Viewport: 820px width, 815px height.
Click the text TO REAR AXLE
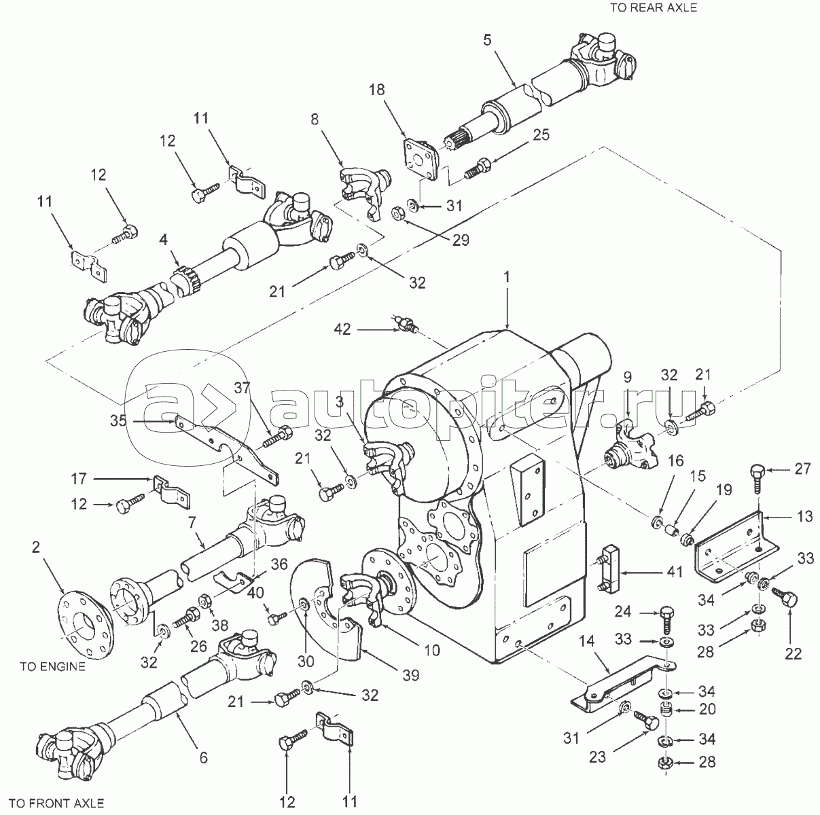[x=654, y=8]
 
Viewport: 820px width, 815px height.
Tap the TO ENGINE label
[x=53, y=666]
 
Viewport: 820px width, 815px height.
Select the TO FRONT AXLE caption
[x=56, y=803]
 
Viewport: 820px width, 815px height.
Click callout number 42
[x=342, y=329]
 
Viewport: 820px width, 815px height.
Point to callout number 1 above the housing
[x=506, y=278]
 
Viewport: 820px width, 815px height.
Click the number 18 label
[x=376, y=90]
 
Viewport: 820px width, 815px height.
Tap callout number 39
[x=410, y=675]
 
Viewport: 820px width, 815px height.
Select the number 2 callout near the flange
[x=36, y=547]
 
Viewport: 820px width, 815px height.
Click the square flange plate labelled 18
[x=421, y=160]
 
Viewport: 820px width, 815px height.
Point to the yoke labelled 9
[x=631, y=456]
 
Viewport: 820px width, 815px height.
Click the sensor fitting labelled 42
[x=405, y=323]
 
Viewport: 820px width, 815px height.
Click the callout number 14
[x=586, y=642]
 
